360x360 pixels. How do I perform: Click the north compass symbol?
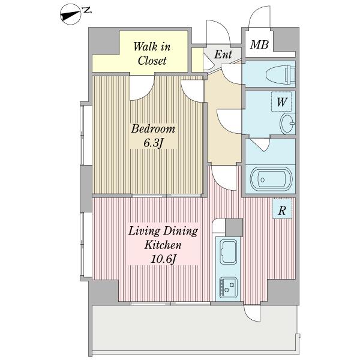[x=71, y=14]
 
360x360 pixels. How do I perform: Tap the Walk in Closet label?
[x=152, y=54]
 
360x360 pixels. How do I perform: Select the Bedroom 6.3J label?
[x=153, y=136]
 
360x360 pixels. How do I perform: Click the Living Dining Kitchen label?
[x=163, y=245]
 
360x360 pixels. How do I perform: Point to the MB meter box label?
[x=259, y=44]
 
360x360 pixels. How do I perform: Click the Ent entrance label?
[x=223, y=54]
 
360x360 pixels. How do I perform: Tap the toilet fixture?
[x=280, y=74]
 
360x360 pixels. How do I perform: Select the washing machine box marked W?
[x=281, y=102]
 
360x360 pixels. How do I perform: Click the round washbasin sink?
[x=287, y=124]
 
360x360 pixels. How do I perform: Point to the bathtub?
[x=271, y=179]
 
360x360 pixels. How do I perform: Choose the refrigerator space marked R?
[x=282, y=209]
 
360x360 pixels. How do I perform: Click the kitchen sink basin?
[x=229, y=252]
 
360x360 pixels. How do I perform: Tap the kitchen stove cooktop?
[x=228, y=287]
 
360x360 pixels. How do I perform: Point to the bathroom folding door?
[x=260, y=145]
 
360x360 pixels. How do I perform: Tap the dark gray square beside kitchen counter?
[x=234, y=227]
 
